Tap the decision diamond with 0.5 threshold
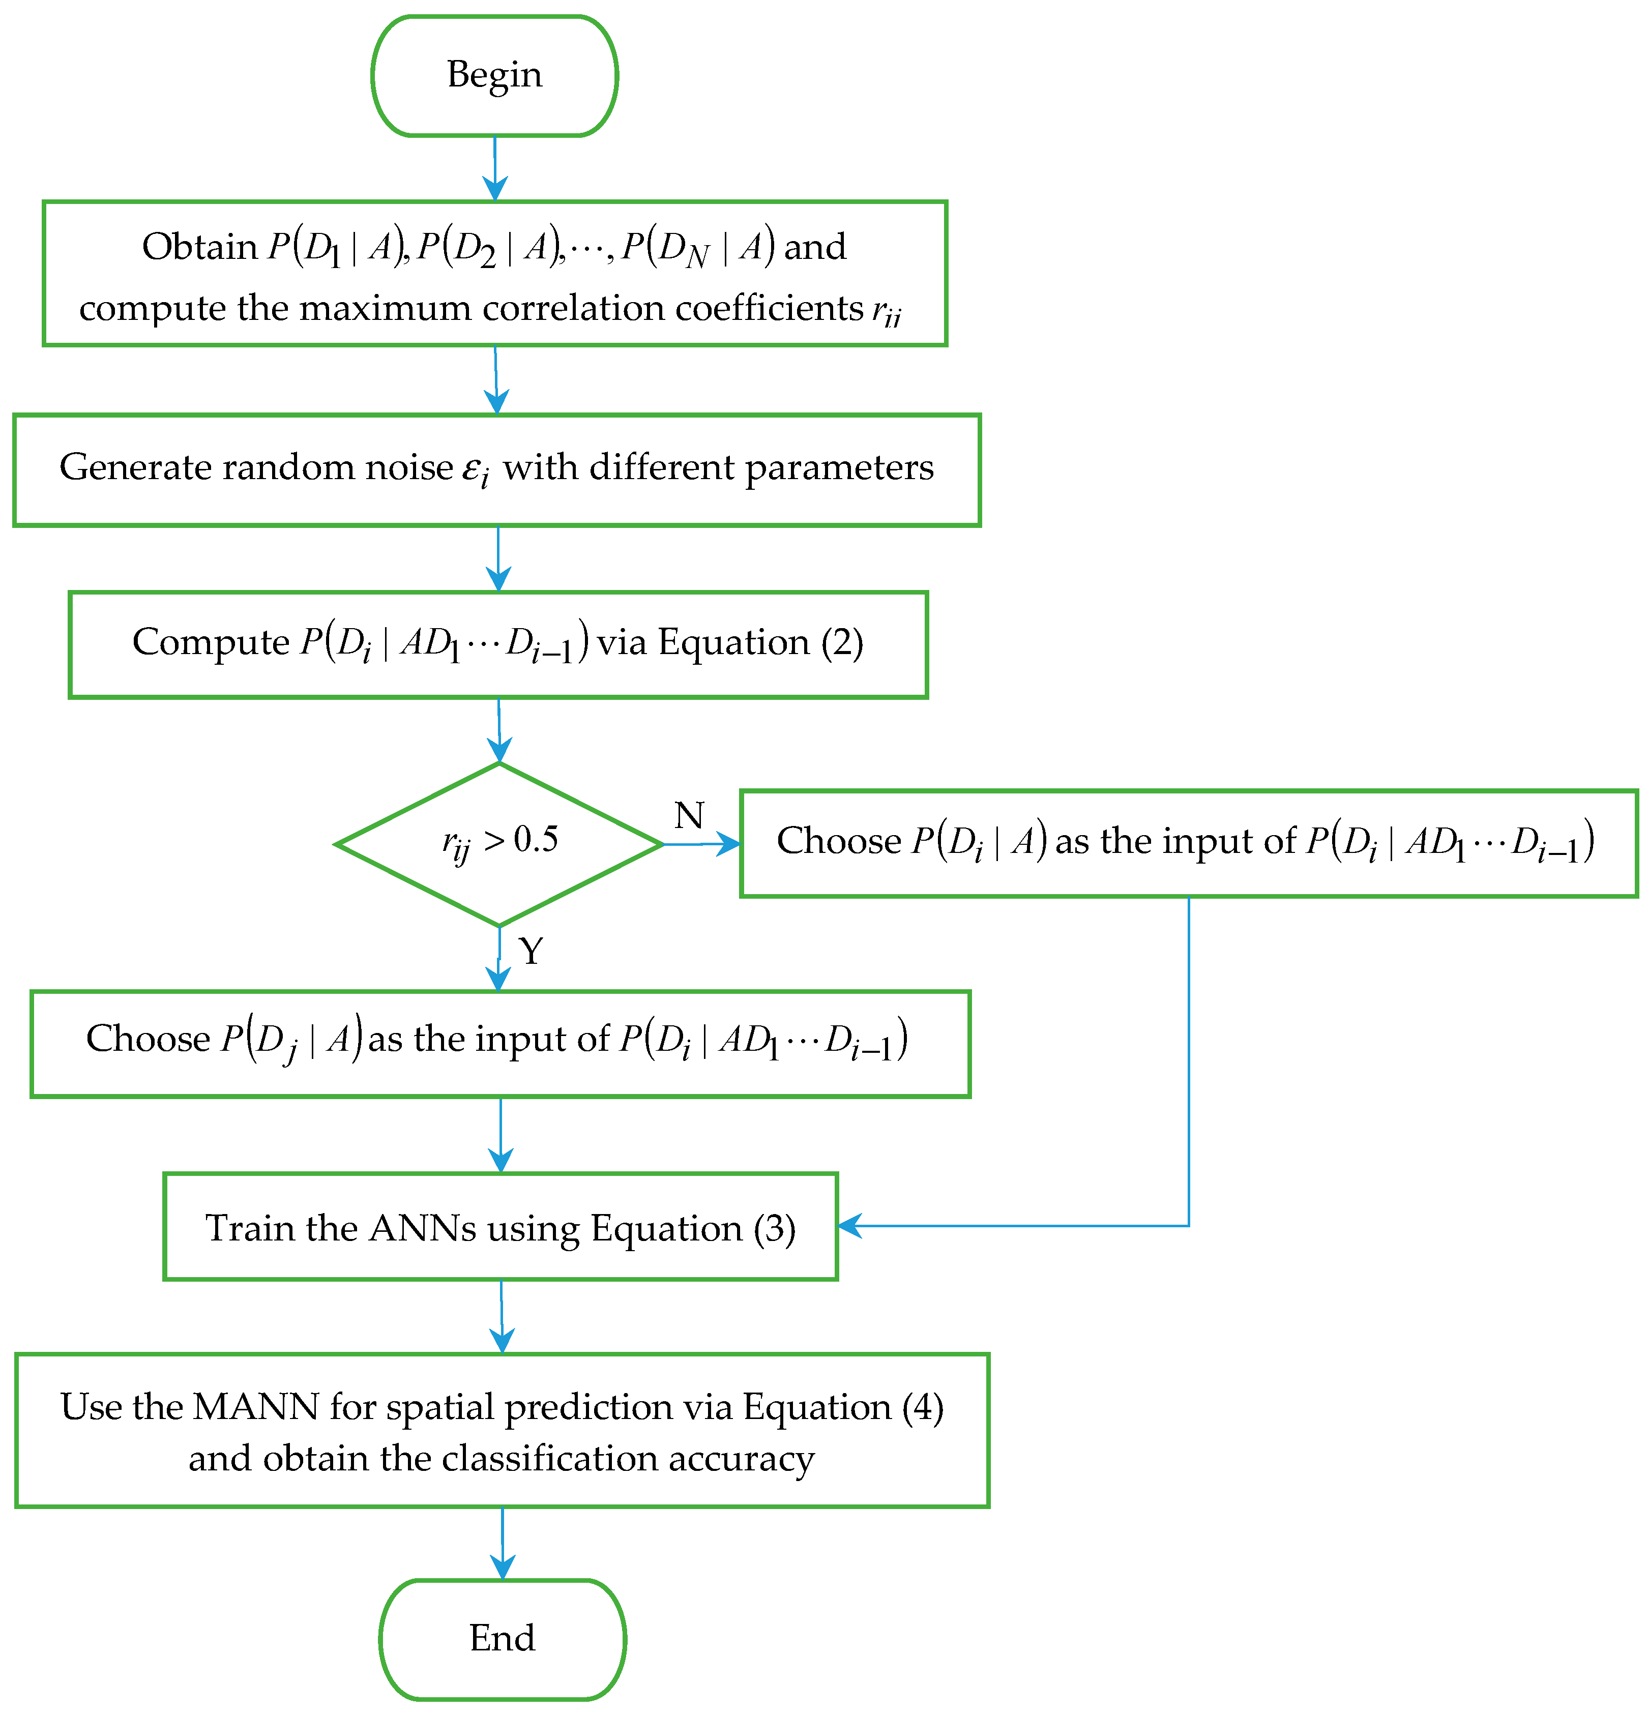pyautogui.click(x=498, y=844)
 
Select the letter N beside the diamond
pyautogui.click(x=688, y=815)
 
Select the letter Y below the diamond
pyautogui.click(x=531, y=951)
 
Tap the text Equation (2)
pyautogui.click(x=760, y=643)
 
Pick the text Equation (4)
pyautogui.click(x=842, y=1407)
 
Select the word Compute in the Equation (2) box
pyautogui.click(x=210, y=643)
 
